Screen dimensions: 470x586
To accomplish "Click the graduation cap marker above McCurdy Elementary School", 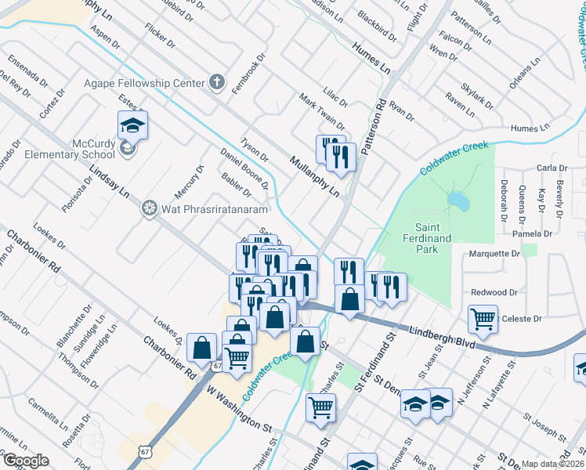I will (x=132, y=125).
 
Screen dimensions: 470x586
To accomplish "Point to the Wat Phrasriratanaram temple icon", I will (x=149, y=208).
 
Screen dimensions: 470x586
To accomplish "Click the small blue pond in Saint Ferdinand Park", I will (x=458, y=202).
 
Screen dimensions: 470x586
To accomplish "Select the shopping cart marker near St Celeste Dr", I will (x=483, y=318).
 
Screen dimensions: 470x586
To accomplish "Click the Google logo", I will (x=27, y=461).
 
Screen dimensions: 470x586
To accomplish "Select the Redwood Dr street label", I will (x=494, y=292).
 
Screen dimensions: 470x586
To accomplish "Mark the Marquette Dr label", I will (x=494, y=254).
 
